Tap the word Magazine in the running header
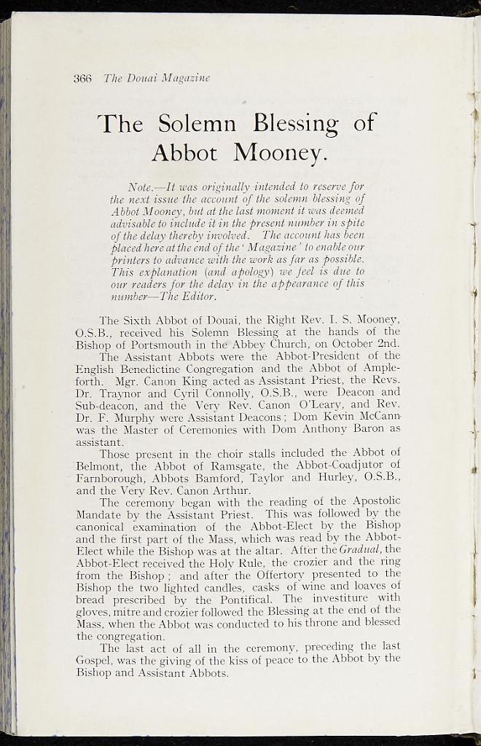point(185,79)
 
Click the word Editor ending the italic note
point(200,297)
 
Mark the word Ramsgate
point(224,464)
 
